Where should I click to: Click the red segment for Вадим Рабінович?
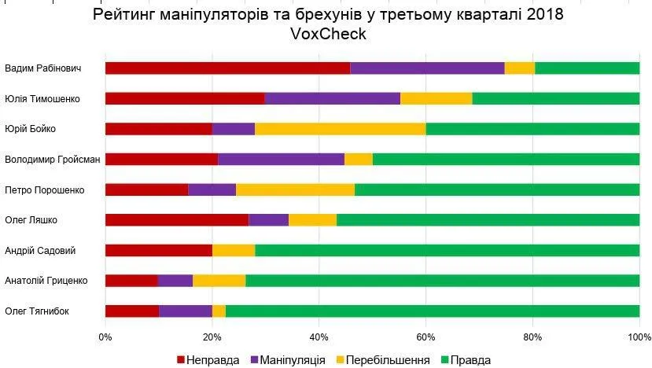[227, 68]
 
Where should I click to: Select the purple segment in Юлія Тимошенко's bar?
[332, 98]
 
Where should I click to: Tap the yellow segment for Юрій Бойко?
[340, 129]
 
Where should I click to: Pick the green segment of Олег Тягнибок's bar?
[432, 311]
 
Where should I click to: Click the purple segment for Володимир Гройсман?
[281, 159]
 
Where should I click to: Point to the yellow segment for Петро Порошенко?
[295, 190]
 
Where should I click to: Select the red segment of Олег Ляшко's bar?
[176, 219]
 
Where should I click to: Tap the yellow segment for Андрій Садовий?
[233, 250]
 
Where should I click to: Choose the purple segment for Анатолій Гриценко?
[175, 281]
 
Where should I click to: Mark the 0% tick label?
[105, 337]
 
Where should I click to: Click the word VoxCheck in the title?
[328, 35]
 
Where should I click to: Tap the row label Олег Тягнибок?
[37, 311]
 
